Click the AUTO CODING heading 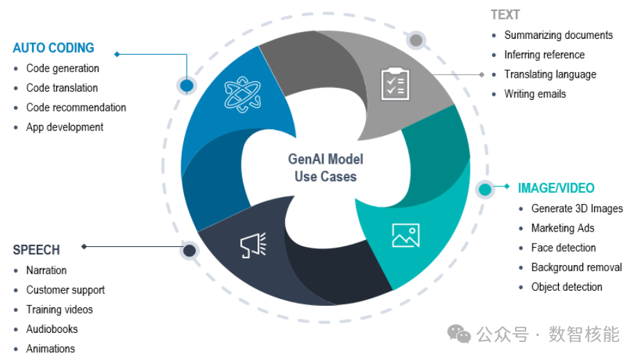(53, 49)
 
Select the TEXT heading (505, 15)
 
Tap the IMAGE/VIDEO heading (556, 189)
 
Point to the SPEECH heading (36, 250)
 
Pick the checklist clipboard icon (395, 84)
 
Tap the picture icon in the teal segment (405, 235)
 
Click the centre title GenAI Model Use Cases (325, 168)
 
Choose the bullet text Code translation (62, 88)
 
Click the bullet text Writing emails (534, 94)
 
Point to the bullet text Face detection (563, 248)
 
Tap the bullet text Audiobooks (52, 329)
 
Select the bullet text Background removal (576, 267)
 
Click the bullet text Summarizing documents (558, 35)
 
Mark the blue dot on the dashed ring (186, 85)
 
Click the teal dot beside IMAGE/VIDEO (485, 189)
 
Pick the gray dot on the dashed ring (416, 40)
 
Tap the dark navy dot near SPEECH (189, 250)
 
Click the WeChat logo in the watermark (459, 334)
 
